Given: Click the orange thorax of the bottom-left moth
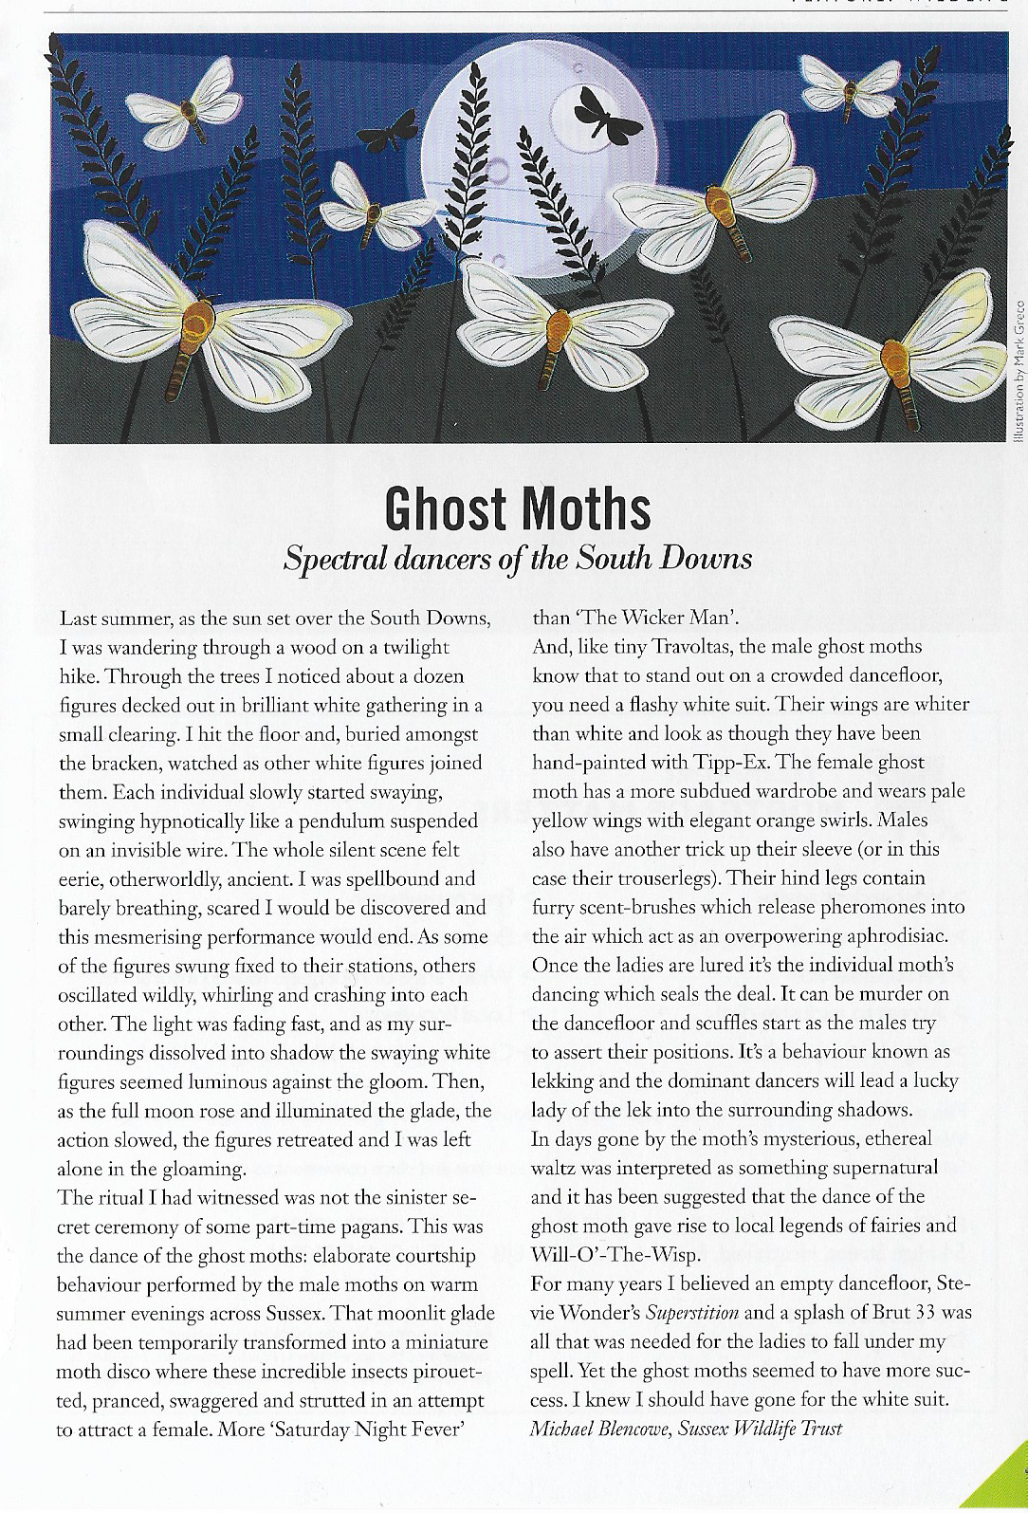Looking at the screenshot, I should click(x=196, y=323).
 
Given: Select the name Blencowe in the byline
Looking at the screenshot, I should click(x=633, y=1428).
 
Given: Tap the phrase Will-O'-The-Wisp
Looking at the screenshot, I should click(x=615, y=1254).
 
